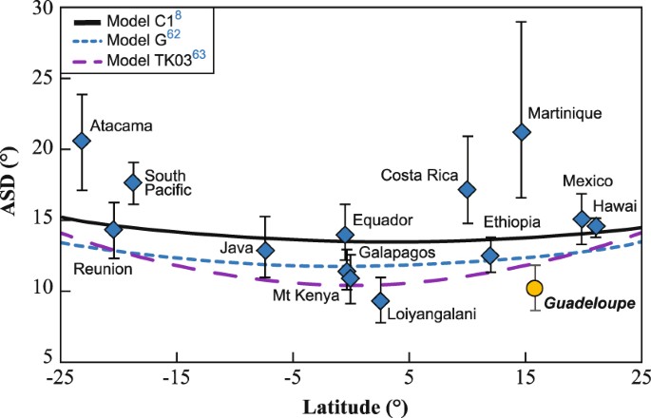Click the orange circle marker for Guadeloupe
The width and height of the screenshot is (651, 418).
(535, 288)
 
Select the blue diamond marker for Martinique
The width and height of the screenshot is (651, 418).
(522, 132)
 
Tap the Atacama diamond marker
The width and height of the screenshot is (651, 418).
(82, 141)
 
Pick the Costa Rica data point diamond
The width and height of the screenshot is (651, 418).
(467, 189)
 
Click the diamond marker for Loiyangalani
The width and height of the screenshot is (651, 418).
(380, 301)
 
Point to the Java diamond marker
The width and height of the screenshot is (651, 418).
(266, 251)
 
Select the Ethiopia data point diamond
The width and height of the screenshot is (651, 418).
(490, 256)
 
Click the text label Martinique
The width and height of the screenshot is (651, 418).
(565, 113)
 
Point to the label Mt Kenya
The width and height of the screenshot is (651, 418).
(305, 295)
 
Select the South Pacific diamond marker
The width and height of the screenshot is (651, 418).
(133, 182)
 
